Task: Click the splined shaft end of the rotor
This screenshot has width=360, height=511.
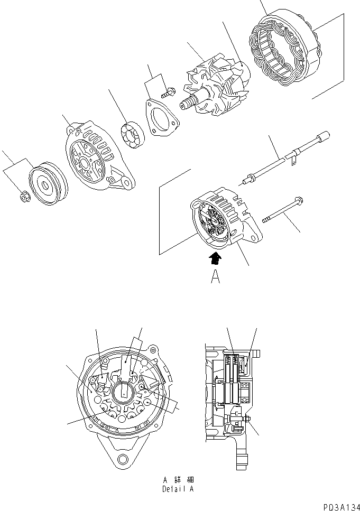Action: (188, 103)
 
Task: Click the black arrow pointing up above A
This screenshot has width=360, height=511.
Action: (215, 257)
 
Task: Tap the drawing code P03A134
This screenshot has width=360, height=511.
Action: (336, 506)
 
